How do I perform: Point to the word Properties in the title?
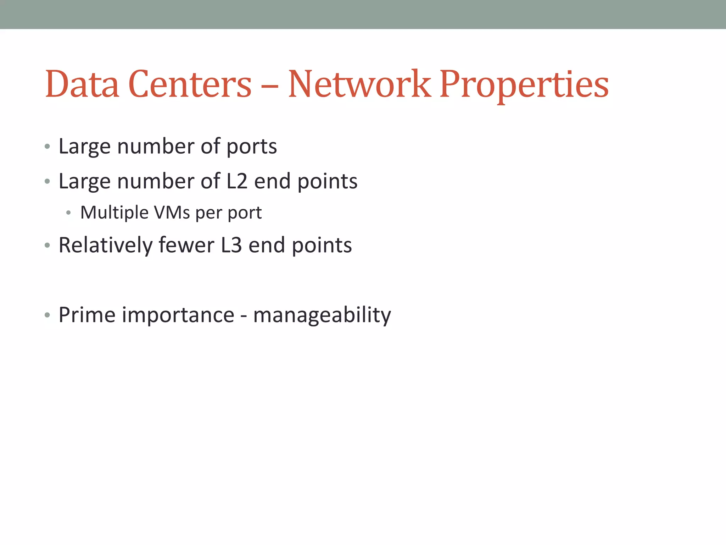pos(524,85)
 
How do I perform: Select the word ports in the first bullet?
pos(251,147)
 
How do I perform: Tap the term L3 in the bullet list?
pos(231,245)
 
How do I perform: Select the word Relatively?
pos(105,246)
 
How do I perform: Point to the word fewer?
pos(186,245)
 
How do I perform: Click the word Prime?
pos(87,315)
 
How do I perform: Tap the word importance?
pos(178,315)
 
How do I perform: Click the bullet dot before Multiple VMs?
pos(68,213)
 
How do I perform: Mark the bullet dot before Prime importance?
pos(48,315)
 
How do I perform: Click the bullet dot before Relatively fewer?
pos(48,245)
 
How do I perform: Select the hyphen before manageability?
pos(244,316)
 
